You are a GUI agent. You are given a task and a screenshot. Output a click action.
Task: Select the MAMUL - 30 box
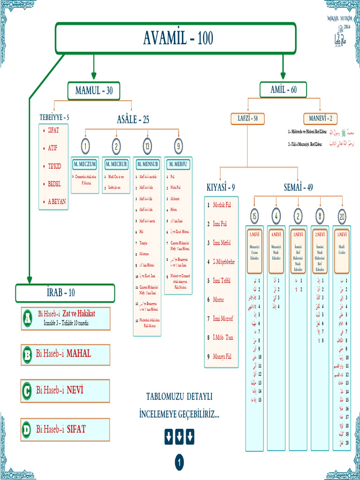pyautogui.click(x=94, y=91)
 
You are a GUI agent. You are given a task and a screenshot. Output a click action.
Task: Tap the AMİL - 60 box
pyautogui.click(x=283, y=90)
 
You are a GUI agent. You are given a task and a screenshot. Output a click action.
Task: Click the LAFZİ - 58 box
pyautogui.click(x=247, y=118)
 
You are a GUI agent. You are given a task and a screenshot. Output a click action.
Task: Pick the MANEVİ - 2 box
pyautogui.click(x=320, y=118)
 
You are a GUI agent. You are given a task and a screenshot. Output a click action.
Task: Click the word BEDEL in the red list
pyautogui.click(x=54, y=184)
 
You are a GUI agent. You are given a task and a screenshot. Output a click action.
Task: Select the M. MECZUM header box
pyautogui.click(x=85, y=165)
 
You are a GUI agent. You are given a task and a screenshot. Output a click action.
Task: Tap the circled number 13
pyautogui.click(x=147, y=147)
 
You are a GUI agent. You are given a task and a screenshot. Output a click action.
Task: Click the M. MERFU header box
pyautogui.click(x=179, y=165)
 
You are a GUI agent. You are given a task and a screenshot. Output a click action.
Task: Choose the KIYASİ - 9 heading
pyautogui.click(x=221, y=187)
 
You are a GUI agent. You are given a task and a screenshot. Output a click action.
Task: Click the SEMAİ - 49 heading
pyautogui.click(x=298, y=187)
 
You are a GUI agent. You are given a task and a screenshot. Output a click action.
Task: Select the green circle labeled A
pyautogui.click(x=27, y=319)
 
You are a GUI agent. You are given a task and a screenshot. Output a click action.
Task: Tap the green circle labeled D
pyautogui.click(x=27, y=429)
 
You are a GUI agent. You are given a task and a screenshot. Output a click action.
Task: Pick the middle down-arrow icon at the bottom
pyautogui.click(x=179, y=437)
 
